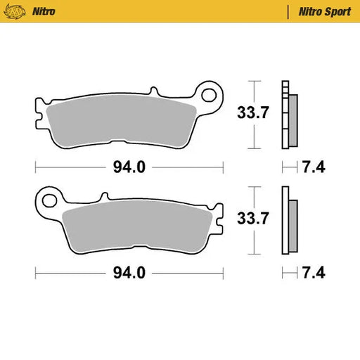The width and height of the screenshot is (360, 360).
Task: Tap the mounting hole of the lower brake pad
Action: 49,200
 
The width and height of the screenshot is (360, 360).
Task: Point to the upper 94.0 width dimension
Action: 129,167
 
